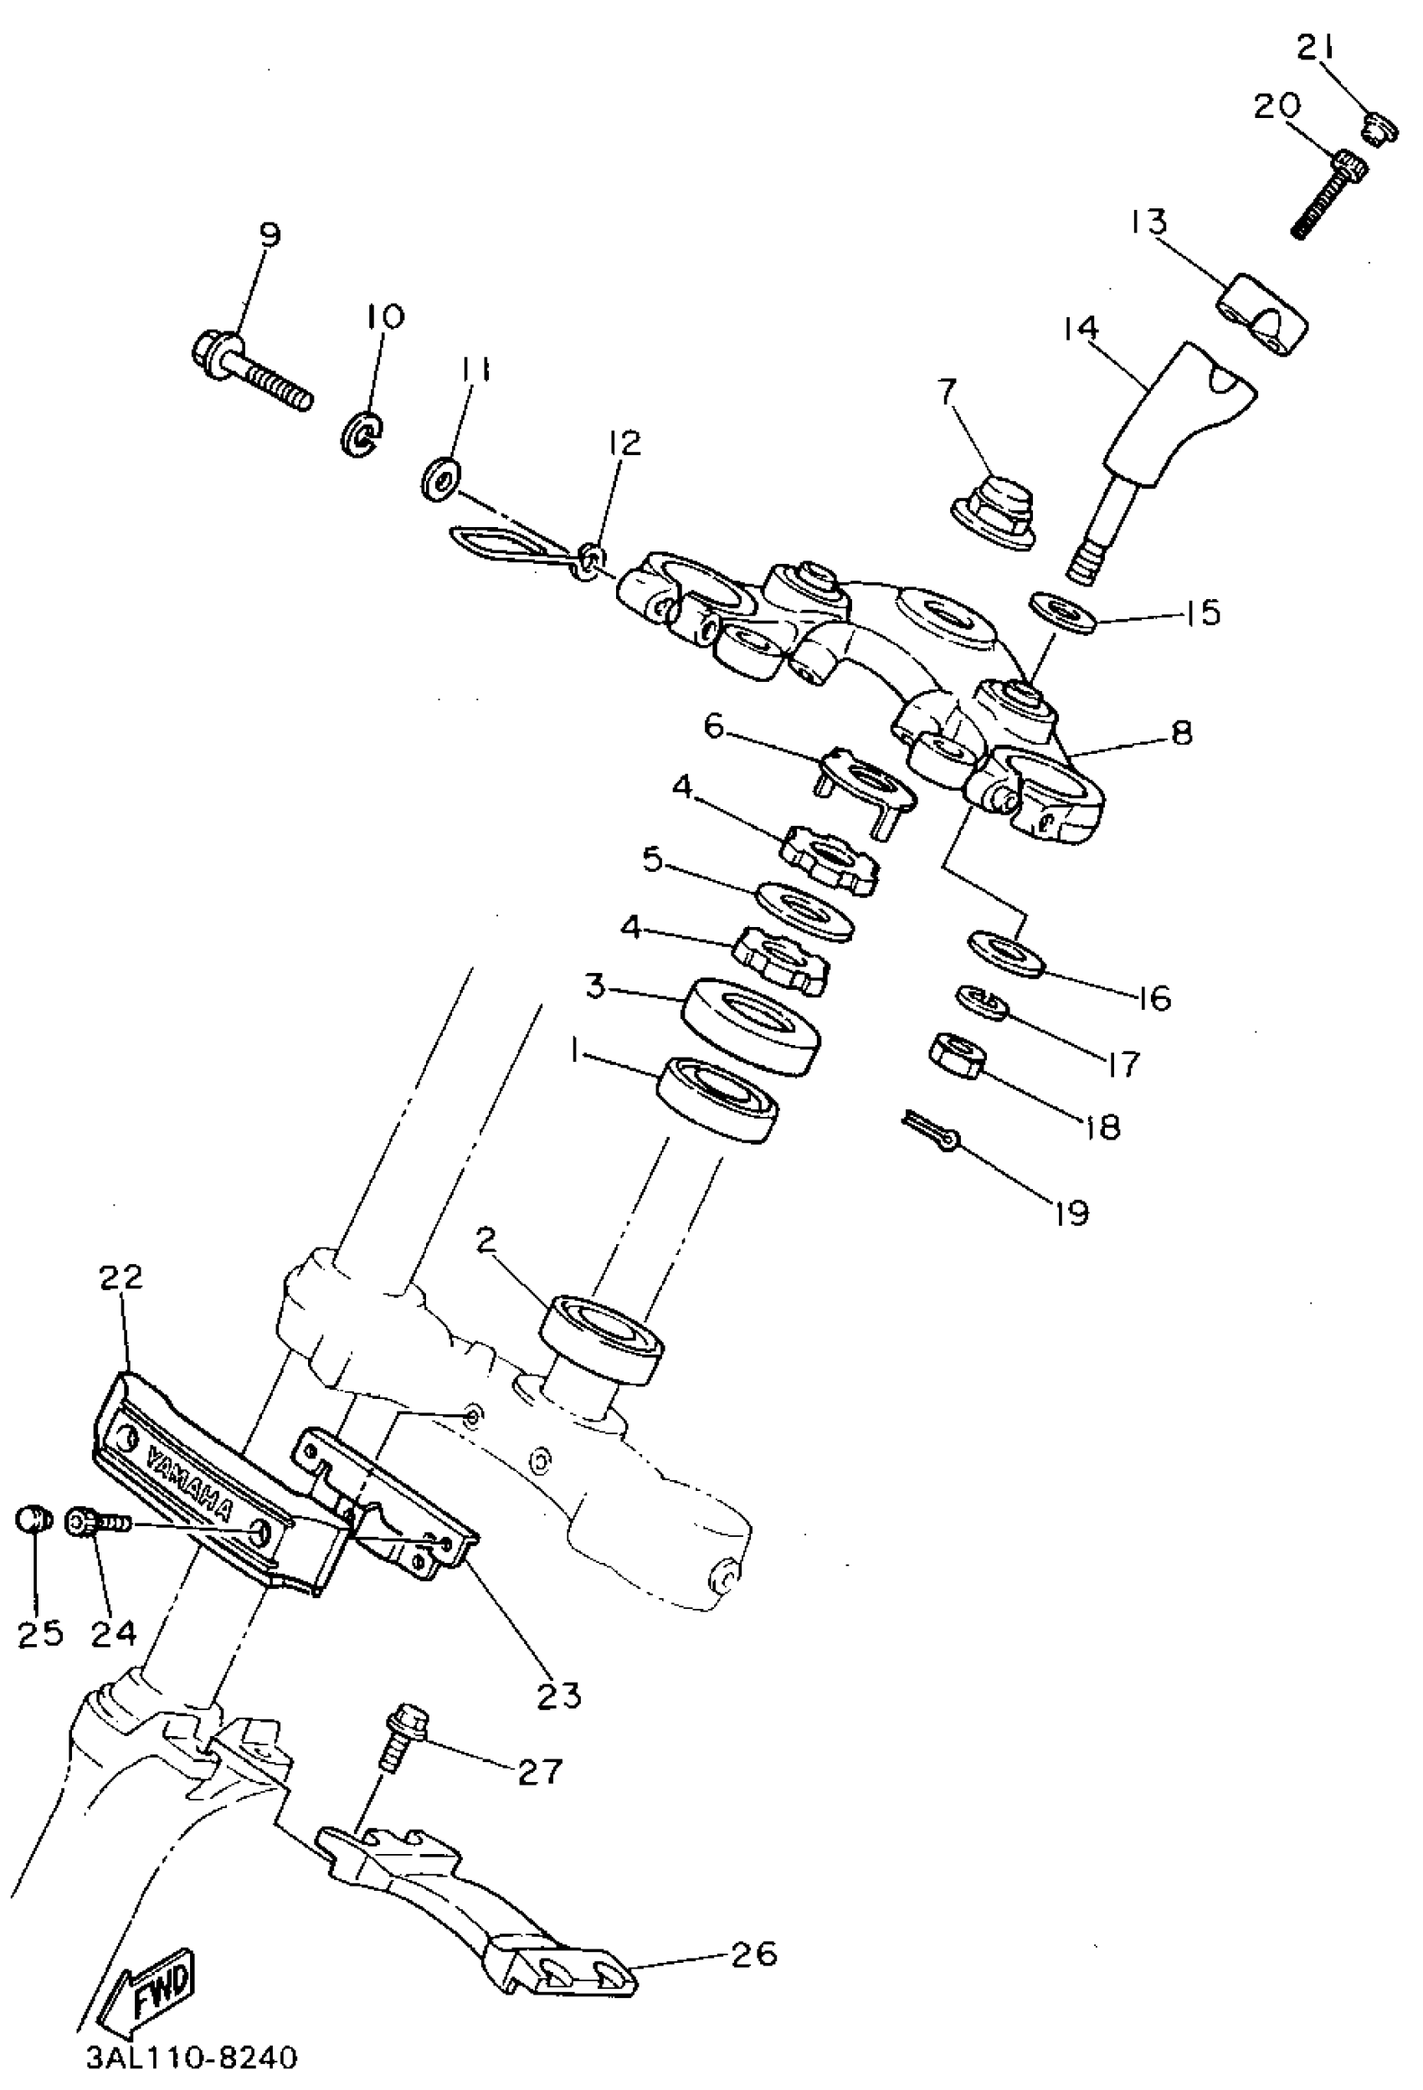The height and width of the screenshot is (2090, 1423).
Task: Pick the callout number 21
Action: pos(1318,49)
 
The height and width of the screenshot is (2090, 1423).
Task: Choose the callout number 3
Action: pos(594,986)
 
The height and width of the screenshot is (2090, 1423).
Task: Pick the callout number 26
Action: pos(755,1953)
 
